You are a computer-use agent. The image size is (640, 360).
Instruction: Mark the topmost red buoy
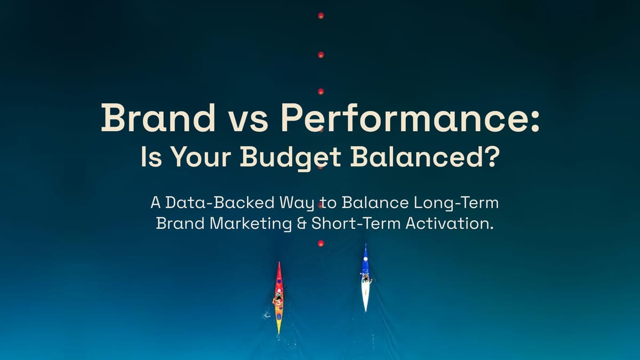click(321, 15)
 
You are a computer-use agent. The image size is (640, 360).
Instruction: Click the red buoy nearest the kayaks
click(321, 243)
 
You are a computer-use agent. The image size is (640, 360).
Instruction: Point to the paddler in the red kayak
click(278, 300)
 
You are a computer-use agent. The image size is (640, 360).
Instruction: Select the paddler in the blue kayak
click(366, 278)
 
